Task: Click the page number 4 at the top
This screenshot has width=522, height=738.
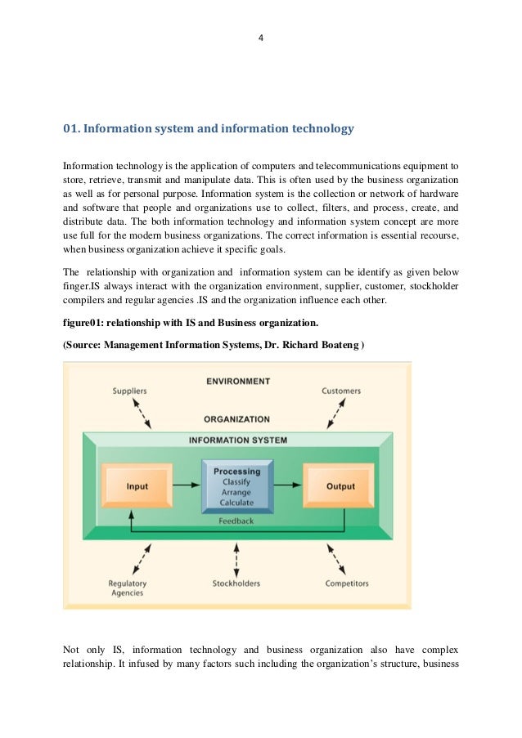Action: pos(260,38)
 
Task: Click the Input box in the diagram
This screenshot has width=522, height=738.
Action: pos(137,486)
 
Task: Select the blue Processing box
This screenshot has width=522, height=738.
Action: pos(236,485)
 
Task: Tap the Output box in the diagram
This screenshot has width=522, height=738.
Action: pos(340,486)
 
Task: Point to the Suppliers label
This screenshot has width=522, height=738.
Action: pos(129,391)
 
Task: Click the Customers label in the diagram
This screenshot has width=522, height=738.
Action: pos(340,391)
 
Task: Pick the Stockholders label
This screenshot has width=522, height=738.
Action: pos(236,584)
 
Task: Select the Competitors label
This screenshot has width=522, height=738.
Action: pos(346,584)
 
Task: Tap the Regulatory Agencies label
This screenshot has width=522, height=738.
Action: pos(127,588)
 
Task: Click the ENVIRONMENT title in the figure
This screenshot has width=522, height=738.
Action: pos(237,381)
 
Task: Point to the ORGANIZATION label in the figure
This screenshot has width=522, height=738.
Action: pos(236,419)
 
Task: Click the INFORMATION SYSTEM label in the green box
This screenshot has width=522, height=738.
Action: pos(237,440)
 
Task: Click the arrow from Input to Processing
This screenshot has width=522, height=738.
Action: pos(187,485)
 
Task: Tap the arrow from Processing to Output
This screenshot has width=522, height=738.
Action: pos(287,485)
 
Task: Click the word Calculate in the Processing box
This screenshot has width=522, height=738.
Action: pos(236,503)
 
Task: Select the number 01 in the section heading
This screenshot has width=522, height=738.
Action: pos(70,128)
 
